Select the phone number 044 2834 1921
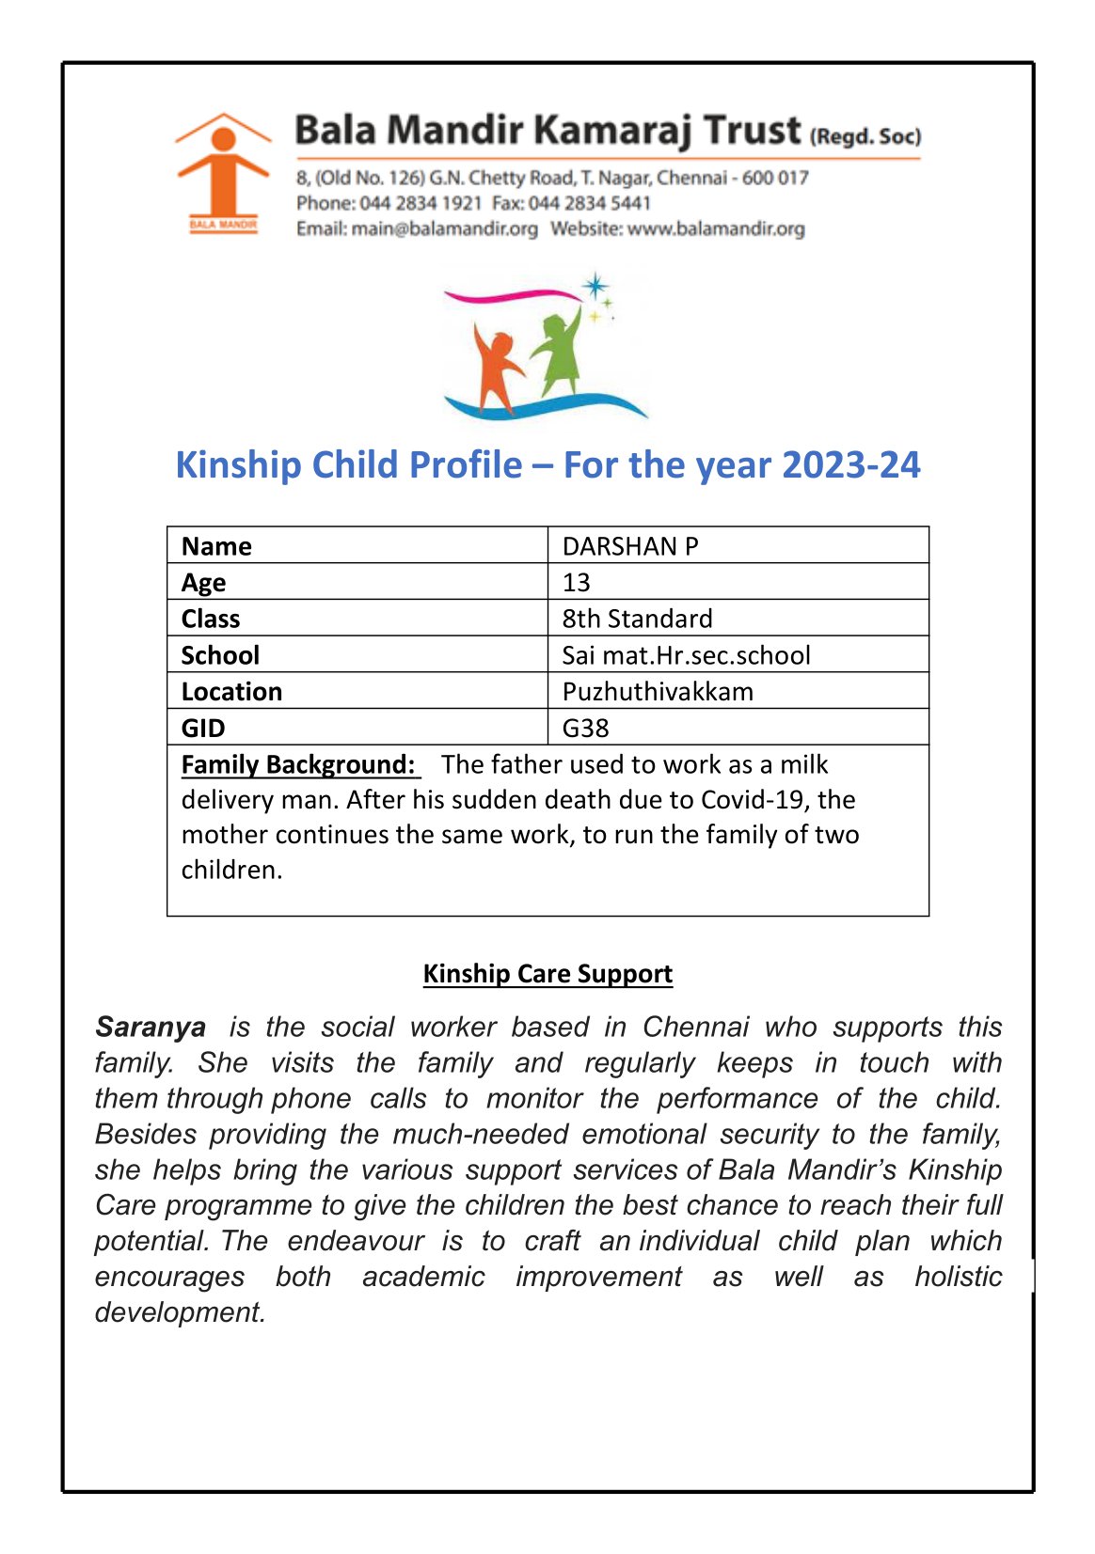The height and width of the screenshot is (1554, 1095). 421,203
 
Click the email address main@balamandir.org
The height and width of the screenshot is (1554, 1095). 444,228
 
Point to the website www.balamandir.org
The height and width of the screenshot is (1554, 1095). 716,228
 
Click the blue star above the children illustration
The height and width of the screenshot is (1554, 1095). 595,286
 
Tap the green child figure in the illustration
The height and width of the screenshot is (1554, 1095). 559,352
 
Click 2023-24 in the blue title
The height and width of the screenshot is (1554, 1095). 850,465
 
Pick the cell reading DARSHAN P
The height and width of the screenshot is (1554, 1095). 630,546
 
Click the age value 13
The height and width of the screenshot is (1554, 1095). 576,583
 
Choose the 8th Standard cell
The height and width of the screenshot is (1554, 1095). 637,619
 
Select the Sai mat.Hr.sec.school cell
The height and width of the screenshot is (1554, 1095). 686,655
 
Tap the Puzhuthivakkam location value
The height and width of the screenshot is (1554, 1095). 658,692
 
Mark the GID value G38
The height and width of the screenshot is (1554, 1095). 585,728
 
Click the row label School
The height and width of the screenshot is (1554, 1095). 220,655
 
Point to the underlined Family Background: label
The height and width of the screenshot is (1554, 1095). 298,764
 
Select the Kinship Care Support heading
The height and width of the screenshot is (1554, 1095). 547,974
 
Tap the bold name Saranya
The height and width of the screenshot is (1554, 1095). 151,1027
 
